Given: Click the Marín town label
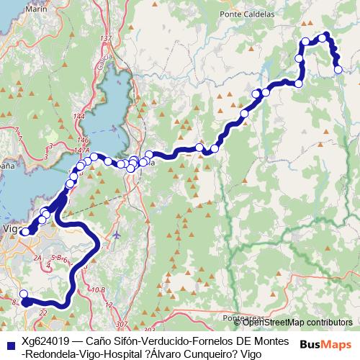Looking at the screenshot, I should pos(31,9).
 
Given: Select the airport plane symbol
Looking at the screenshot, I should pos(117,235).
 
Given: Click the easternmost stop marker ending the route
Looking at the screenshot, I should pos(338,69).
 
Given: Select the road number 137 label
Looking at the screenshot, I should pos(107,38).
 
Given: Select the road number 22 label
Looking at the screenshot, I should pos(43,312).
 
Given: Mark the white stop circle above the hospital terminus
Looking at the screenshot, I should pos(23,293).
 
